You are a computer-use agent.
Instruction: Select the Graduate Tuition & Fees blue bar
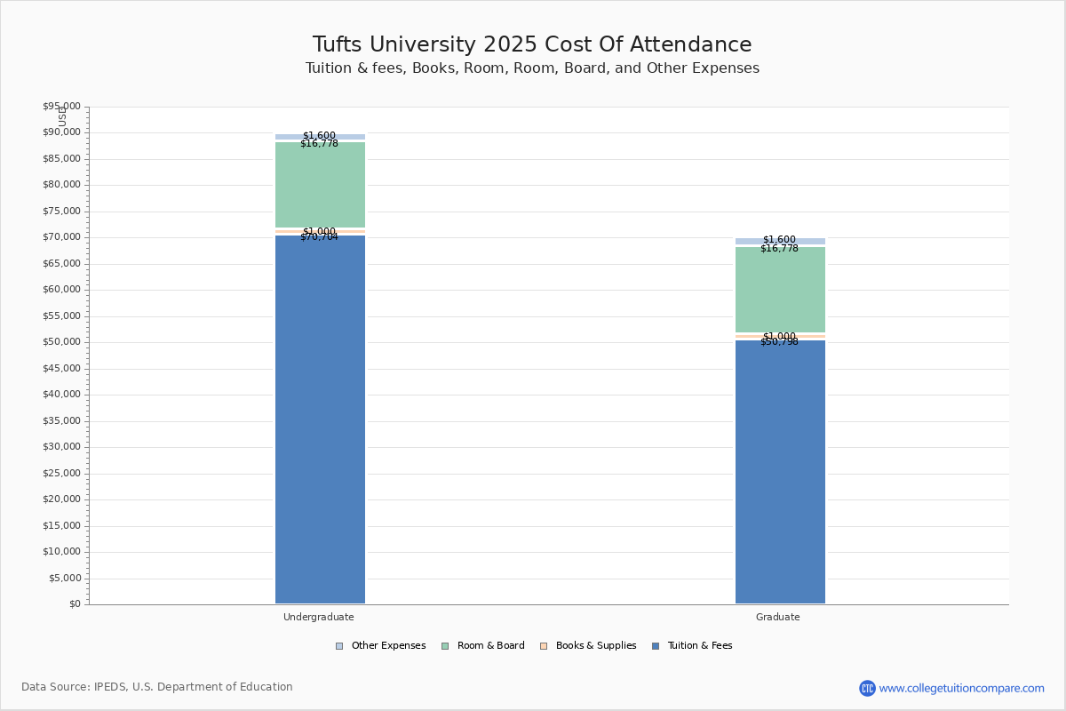780,472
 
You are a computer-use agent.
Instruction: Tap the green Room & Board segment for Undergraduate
320,185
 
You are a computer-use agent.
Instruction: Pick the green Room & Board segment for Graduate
780,290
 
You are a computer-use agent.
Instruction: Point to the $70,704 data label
319,237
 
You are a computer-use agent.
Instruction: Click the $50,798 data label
779,342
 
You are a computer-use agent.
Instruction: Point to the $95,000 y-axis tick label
61,107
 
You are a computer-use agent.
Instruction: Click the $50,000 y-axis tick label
61,342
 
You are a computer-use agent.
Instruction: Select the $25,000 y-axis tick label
61,473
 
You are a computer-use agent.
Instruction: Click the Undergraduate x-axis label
319,617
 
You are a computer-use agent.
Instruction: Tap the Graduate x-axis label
778,617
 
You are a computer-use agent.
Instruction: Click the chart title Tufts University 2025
532,45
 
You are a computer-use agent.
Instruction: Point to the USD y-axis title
62,116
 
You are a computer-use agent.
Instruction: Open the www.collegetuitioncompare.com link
961,688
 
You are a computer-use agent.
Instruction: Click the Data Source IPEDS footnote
157,687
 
